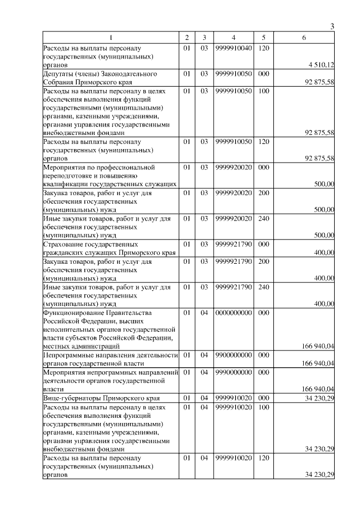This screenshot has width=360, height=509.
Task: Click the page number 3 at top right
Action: pos(332,26)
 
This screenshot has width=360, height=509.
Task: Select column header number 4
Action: pos(232,38)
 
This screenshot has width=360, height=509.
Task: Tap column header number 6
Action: pos(304,38)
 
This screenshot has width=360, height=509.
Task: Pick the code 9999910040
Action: pos(232,48)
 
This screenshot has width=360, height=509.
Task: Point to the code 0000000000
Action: pos(232,312)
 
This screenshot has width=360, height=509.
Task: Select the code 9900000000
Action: pos(232,355)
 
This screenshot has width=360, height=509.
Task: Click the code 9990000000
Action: pos(232,372)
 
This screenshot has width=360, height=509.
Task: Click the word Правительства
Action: pos(134,312)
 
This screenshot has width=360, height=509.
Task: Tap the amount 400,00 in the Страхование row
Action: pos(325,253)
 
